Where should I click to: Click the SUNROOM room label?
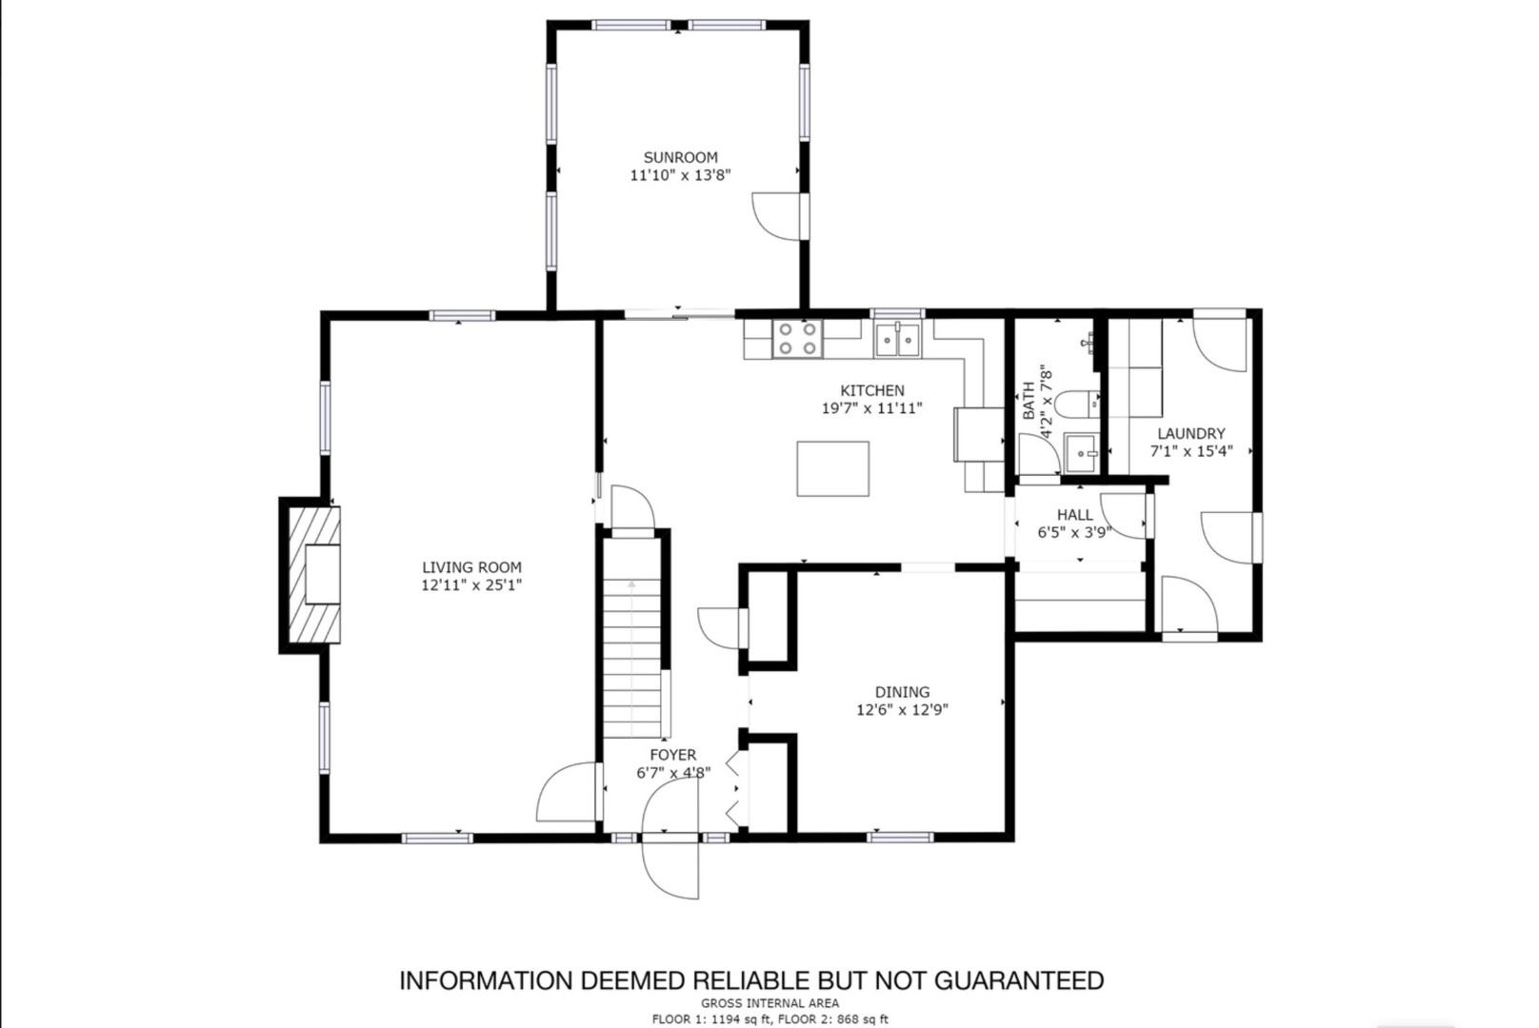point(680,157)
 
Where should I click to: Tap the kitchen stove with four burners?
point(797,339)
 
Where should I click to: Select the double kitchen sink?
point(897,340)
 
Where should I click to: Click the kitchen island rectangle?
point(832,468)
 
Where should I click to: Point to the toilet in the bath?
point(1076,405)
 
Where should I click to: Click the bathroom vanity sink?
point(1082,453)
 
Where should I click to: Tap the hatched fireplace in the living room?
point(314,575)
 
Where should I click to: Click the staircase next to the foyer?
point(632,637)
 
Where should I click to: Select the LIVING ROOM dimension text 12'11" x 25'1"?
point(472,585)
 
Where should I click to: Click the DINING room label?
point(902,692)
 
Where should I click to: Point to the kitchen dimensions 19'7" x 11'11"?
point(871,408)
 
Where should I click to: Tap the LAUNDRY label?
point(1191,433)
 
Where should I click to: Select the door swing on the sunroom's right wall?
point(777,217)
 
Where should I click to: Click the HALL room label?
point(1074,514)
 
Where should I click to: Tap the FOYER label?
point(672,755)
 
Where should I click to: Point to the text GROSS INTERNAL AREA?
point(769,1003)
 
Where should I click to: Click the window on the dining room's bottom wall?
point(900,837)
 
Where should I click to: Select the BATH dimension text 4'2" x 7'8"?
point(1047,401)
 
